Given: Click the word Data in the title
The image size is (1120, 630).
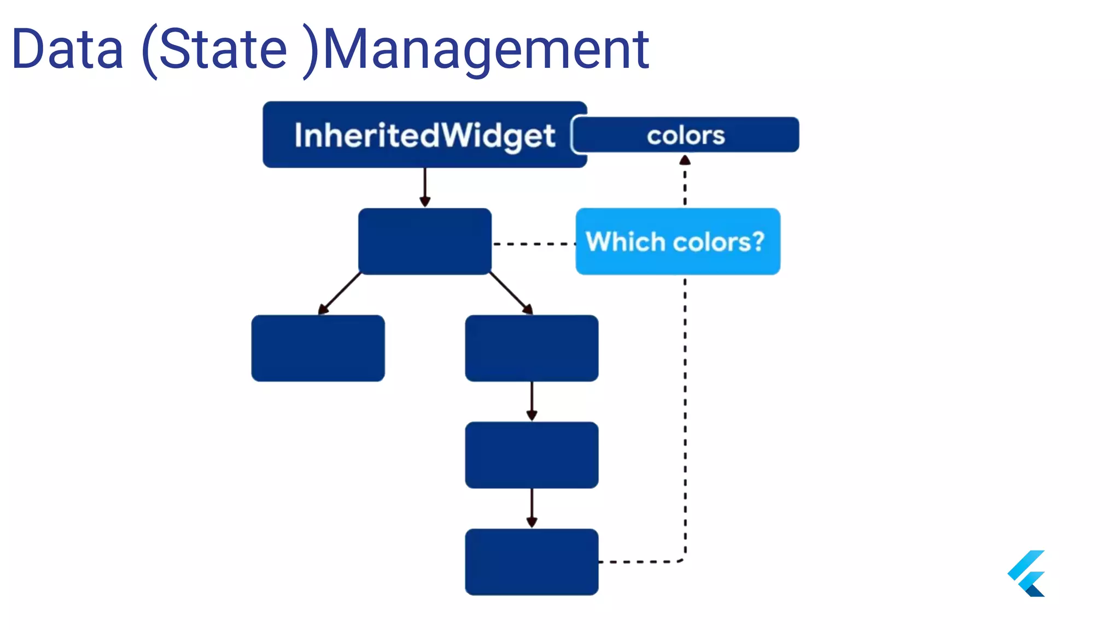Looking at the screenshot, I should [x=68, y=50].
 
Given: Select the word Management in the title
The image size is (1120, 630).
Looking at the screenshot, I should [x=486, y=51].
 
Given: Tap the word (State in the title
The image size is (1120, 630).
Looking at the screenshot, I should [x=214, y=51].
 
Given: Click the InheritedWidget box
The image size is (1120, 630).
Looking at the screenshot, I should [x=424, y=135].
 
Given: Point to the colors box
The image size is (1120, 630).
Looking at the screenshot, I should [x=686, y=135].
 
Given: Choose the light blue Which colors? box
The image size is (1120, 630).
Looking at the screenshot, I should [x=678, y=241].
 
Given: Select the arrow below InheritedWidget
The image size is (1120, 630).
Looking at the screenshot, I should [x=425, y=188].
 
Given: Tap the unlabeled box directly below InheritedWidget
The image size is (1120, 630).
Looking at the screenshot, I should [x=424, y=241].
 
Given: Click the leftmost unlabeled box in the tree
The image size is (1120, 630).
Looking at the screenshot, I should [x=318, y=348].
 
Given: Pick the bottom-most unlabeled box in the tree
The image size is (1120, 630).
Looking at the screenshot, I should [x=532, y=562].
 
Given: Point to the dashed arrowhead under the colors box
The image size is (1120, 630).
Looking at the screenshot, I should [x=685, y=160].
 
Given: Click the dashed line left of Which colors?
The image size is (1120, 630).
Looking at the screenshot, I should [x=533, y=244].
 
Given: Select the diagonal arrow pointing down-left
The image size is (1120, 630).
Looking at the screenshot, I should [x=339, y=294].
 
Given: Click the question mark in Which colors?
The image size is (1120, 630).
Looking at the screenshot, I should [x=757, y=241].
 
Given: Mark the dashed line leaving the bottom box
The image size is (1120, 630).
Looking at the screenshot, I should [x=640, y=562].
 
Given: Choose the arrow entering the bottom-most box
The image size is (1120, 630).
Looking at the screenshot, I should [x=532, y=509].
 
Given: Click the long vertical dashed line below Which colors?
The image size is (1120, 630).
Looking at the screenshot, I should [x=685, y=416].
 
